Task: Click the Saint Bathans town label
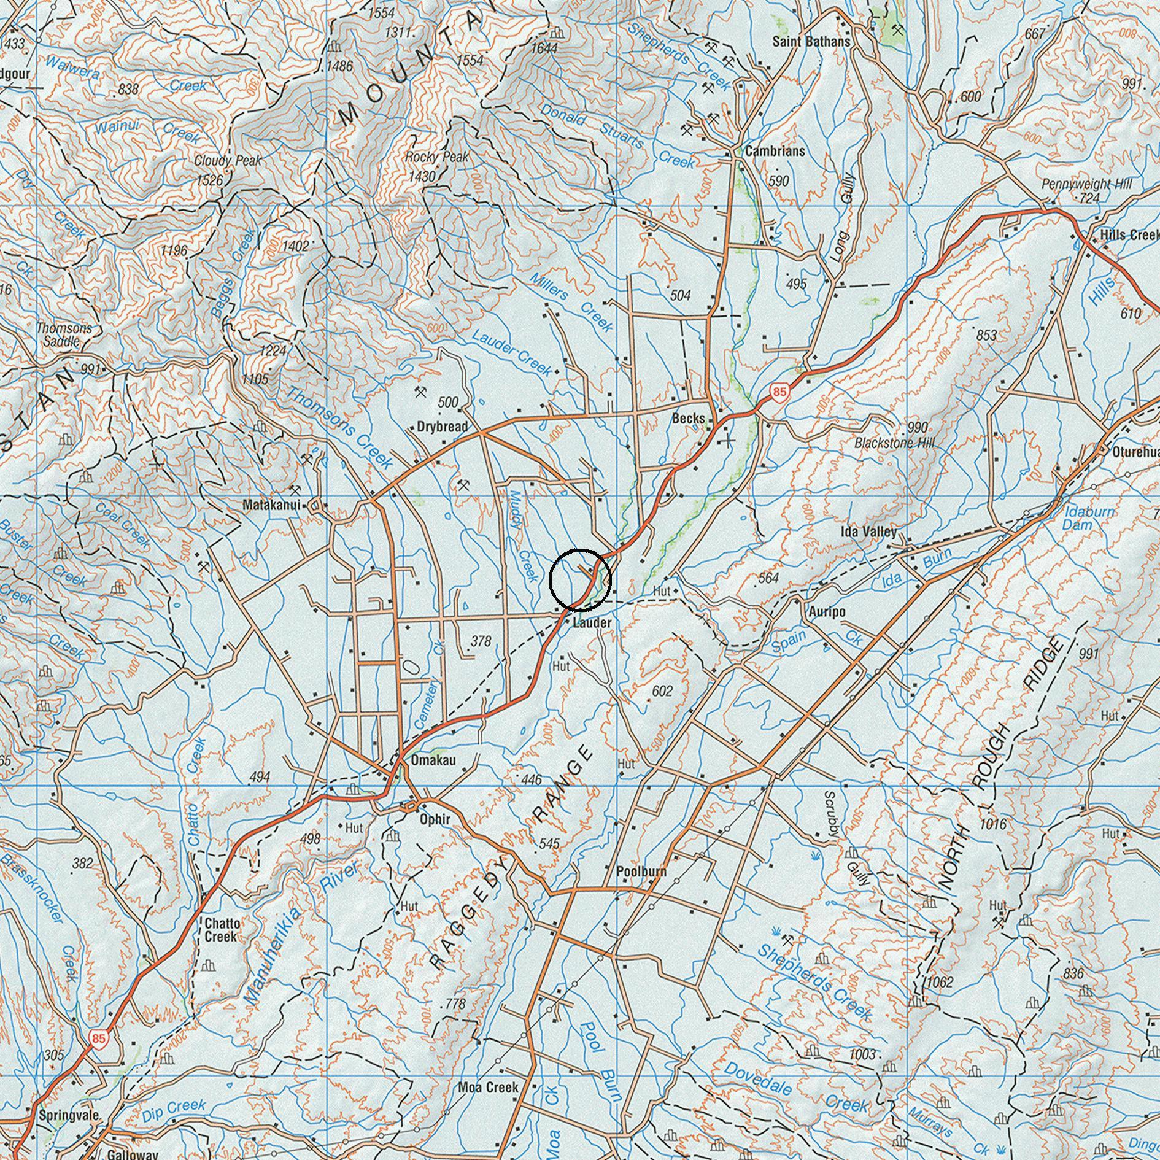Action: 811,42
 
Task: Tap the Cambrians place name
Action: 775,151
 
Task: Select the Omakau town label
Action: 433,760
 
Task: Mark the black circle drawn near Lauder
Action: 579,579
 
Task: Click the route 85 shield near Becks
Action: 779,392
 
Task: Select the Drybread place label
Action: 442,427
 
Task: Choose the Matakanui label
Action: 271,506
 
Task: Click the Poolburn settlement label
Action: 641,872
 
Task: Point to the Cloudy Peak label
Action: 228,161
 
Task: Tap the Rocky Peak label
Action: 436,157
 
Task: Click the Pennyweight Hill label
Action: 1086,184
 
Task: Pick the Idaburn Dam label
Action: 1080,518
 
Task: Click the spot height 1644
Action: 544,48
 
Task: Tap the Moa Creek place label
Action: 488,1088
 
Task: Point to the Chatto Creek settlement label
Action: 222,930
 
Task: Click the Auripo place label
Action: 827,612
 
